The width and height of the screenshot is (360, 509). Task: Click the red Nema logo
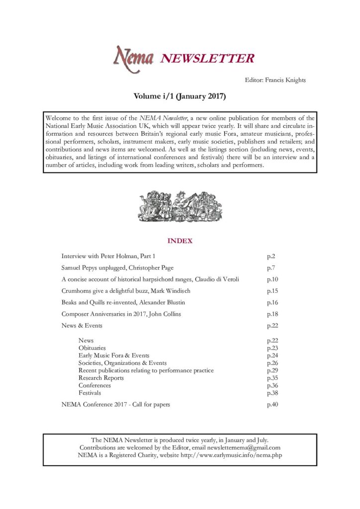(x=134, y=58)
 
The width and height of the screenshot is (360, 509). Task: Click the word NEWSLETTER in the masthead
(x=207, y=59)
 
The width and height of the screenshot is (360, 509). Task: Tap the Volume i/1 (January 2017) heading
(x=180, y=96)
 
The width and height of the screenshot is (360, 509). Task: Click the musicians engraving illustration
(x=180, y=206)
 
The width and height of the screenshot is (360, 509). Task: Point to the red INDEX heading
(x=180, y=241)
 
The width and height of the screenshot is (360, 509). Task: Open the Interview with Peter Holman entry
(x=108, y=256)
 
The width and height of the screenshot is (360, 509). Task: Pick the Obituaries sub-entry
(x=92, y=348)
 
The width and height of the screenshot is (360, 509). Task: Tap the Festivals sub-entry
(x=90, y=393)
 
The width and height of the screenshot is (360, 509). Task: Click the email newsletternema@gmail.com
(x=241, y=447)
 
